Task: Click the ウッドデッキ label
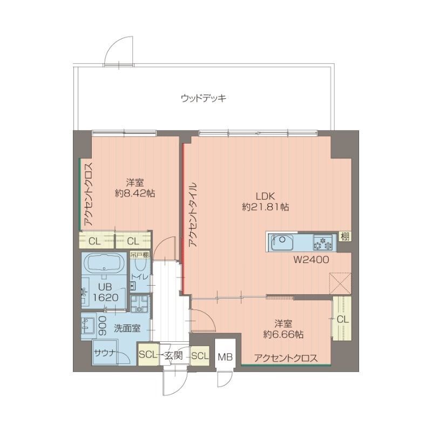pyautogui.click(x=203, y=98)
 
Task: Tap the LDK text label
pyautogui.click(x=264, y=195)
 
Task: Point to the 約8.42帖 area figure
pyautogui.click(x=135, y=193)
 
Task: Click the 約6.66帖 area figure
pyautogui.click(x=283, y=334)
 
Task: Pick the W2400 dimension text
pyautogui.click(x=311, y=260)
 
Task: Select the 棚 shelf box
pyautogui.click(x=344, y=237)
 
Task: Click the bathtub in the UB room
pyautogui.click(x=105, y=264)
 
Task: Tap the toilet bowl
pyautogui.click(x=140, y=265)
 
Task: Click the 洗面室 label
pyautogui.click(x=127, y=327)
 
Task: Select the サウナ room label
pyautogui.click(x=104, y=354)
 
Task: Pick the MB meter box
pyautogui.click(x=225, y=356)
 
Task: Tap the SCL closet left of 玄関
pyautogui.click(x=147, y=355)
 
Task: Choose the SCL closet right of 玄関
pyautogui.click(x=199, y=355)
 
